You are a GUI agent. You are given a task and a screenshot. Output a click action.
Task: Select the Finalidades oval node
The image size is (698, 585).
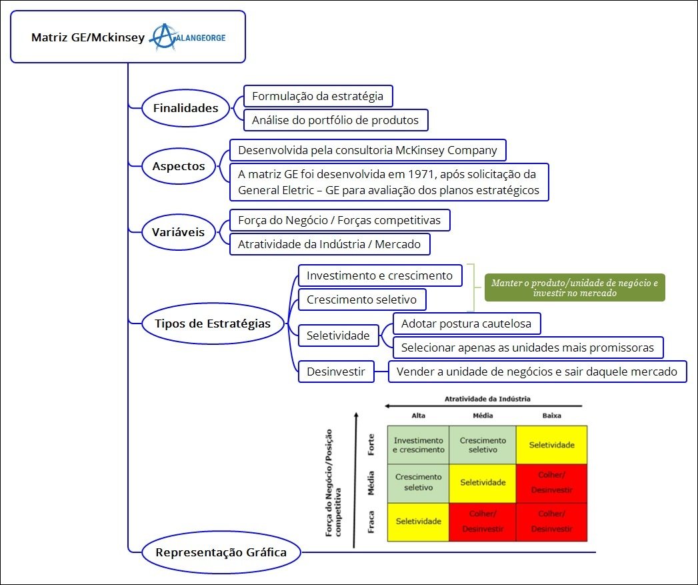[186, 108]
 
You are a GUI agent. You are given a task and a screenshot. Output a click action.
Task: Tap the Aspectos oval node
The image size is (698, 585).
[179, 167]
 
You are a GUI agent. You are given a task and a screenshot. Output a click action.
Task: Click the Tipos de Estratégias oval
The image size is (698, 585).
[213, 324]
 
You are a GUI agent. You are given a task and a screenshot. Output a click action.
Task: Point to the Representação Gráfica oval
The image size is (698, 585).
[221, 552]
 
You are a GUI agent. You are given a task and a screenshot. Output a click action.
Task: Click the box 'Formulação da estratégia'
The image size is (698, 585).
[317, 96]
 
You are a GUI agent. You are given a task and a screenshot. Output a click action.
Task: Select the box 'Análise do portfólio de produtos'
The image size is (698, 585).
[335, 120]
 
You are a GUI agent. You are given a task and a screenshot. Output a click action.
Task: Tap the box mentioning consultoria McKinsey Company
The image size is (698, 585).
[367, 150]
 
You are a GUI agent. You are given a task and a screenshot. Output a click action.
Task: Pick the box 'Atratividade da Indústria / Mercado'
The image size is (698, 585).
[329, 244]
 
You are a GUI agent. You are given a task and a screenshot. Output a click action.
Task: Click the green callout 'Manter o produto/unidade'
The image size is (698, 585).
[574, 287]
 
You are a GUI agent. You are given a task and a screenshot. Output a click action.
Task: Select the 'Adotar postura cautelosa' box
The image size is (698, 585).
[466, 324]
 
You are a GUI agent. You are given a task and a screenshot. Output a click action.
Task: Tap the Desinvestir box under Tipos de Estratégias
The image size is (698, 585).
[336, 372]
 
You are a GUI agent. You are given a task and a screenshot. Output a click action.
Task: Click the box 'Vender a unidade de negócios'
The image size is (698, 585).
[537, 372]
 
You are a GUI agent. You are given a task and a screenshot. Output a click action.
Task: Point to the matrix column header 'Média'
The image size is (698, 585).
[483, 416]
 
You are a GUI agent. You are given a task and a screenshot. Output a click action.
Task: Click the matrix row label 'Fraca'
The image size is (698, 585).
[371, 522]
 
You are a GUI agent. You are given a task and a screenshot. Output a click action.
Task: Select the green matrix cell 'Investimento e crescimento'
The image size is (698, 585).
[419, 445]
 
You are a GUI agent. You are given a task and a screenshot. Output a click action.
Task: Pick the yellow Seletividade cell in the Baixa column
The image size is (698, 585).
[551, 445]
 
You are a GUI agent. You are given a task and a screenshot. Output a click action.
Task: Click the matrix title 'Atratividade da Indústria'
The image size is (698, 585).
[487, 399]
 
